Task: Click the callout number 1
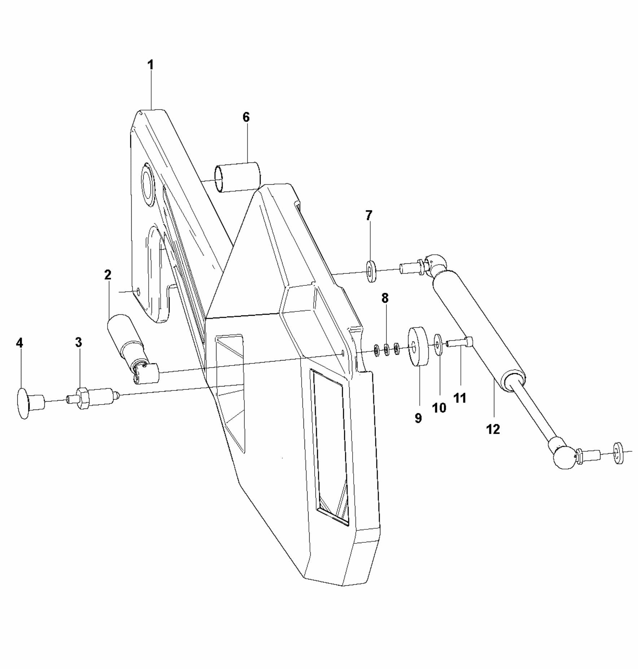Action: (x=150, y=65)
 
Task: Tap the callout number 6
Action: (x=246, y=117)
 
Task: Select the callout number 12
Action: (x=493, y=429)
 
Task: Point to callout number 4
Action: (x=19, y=343)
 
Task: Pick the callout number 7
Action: (x=368, y=215)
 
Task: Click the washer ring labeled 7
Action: (x=371, y=271)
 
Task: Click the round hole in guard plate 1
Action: (x=148, y=184)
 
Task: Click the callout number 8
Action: (x=385, y=298)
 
